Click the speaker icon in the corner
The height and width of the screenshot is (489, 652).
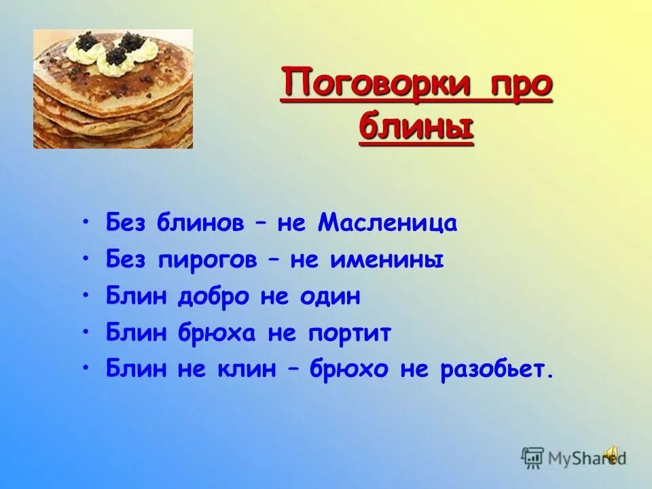pos(613,454)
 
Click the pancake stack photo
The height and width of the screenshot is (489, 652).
pos(113,88)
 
